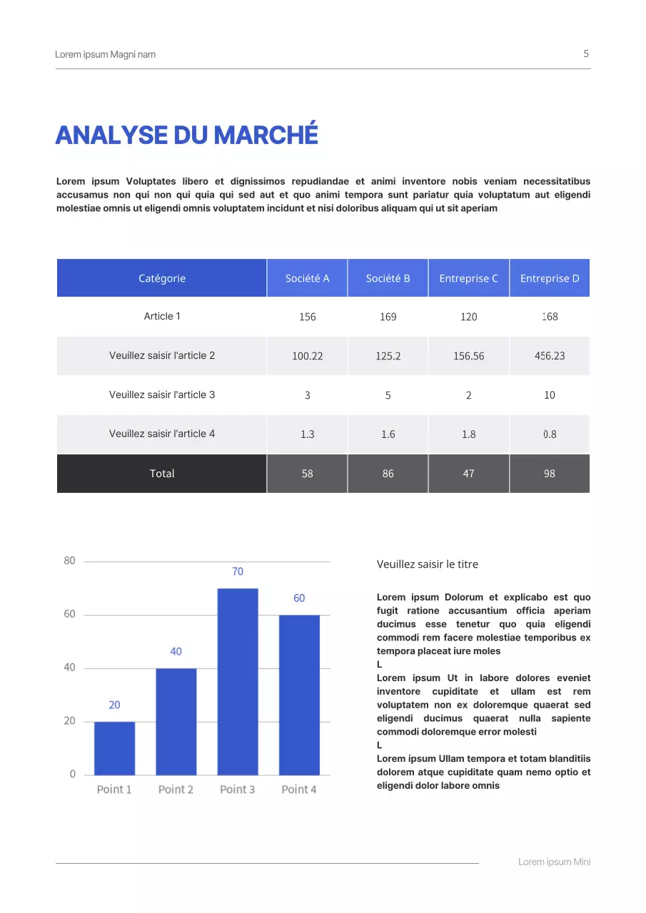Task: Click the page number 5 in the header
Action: tap(586, 53)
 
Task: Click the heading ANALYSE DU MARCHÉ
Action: tap(186, 135)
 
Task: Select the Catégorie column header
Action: tap(162, 278)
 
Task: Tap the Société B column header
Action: tap(388, 278)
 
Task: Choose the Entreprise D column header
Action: tap(550, 278)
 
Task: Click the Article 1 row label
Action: tap(162, 316)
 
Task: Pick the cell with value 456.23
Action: tap(550, 356)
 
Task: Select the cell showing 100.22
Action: tap(307, 356)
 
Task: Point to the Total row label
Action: tap(162, 474)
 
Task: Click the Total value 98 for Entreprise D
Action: tap(550, 474)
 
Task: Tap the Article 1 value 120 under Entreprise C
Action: tap(468, 317)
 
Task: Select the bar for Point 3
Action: tap(238, 681)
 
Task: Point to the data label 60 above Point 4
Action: tap(299, 598)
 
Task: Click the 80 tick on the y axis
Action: tap(69, 561)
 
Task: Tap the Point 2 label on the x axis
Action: tap(176, 790)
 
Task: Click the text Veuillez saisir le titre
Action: tap(427, 564)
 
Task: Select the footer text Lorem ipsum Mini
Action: tap(554, 862)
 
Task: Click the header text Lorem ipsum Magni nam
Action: tap(105, 54)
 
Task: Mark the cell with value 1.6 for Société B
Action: tap(388, 434)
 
